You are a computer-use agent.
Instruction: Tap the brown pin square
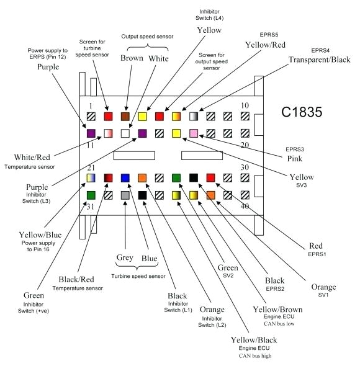125,116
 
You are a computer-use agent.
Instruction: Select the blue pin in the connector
125,179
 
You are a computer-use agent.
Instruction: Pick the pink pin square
194,133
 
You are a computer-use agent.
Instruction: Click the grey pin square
125,195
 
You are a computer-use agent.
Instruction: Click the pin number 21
91,168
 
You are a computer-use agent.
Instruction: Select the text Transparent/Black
319,60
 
